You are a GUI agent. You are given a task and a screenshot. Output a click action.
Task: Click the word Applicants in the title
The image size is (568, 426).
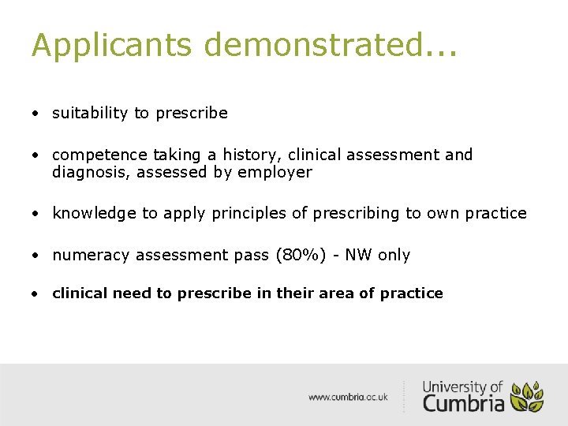(111, 46)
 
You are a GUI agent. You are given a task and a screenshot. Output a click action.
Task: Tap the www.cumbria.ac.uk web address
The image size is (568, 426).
(348, 398)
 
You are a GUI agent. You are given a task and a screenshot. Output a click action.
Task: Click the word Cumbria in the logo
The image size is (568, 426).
(463, 403)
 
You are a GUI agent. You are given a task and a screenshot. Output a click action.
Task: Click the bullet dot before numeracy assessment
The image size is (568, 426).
(36, 256)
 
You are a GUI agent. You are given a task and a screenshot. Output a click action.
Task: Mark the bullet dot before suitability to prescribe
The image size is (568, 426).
(36, 114)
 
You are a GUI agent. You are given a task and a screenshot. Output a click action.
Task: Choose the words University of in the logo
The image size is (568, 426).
(462, 387)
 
